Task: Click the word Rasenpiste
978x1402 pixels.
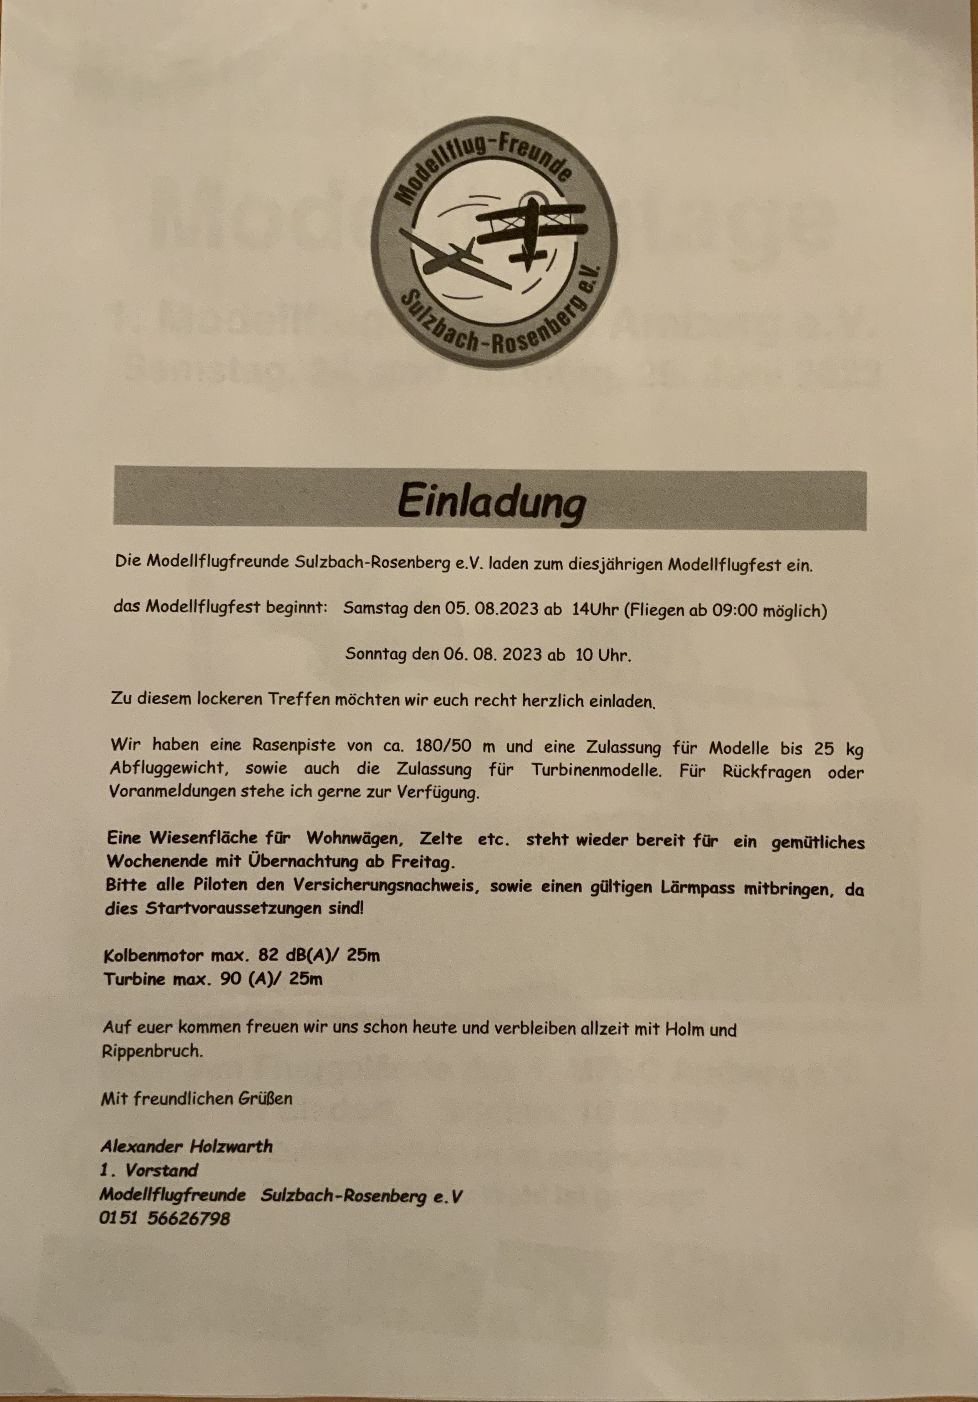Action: point(291,746)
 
